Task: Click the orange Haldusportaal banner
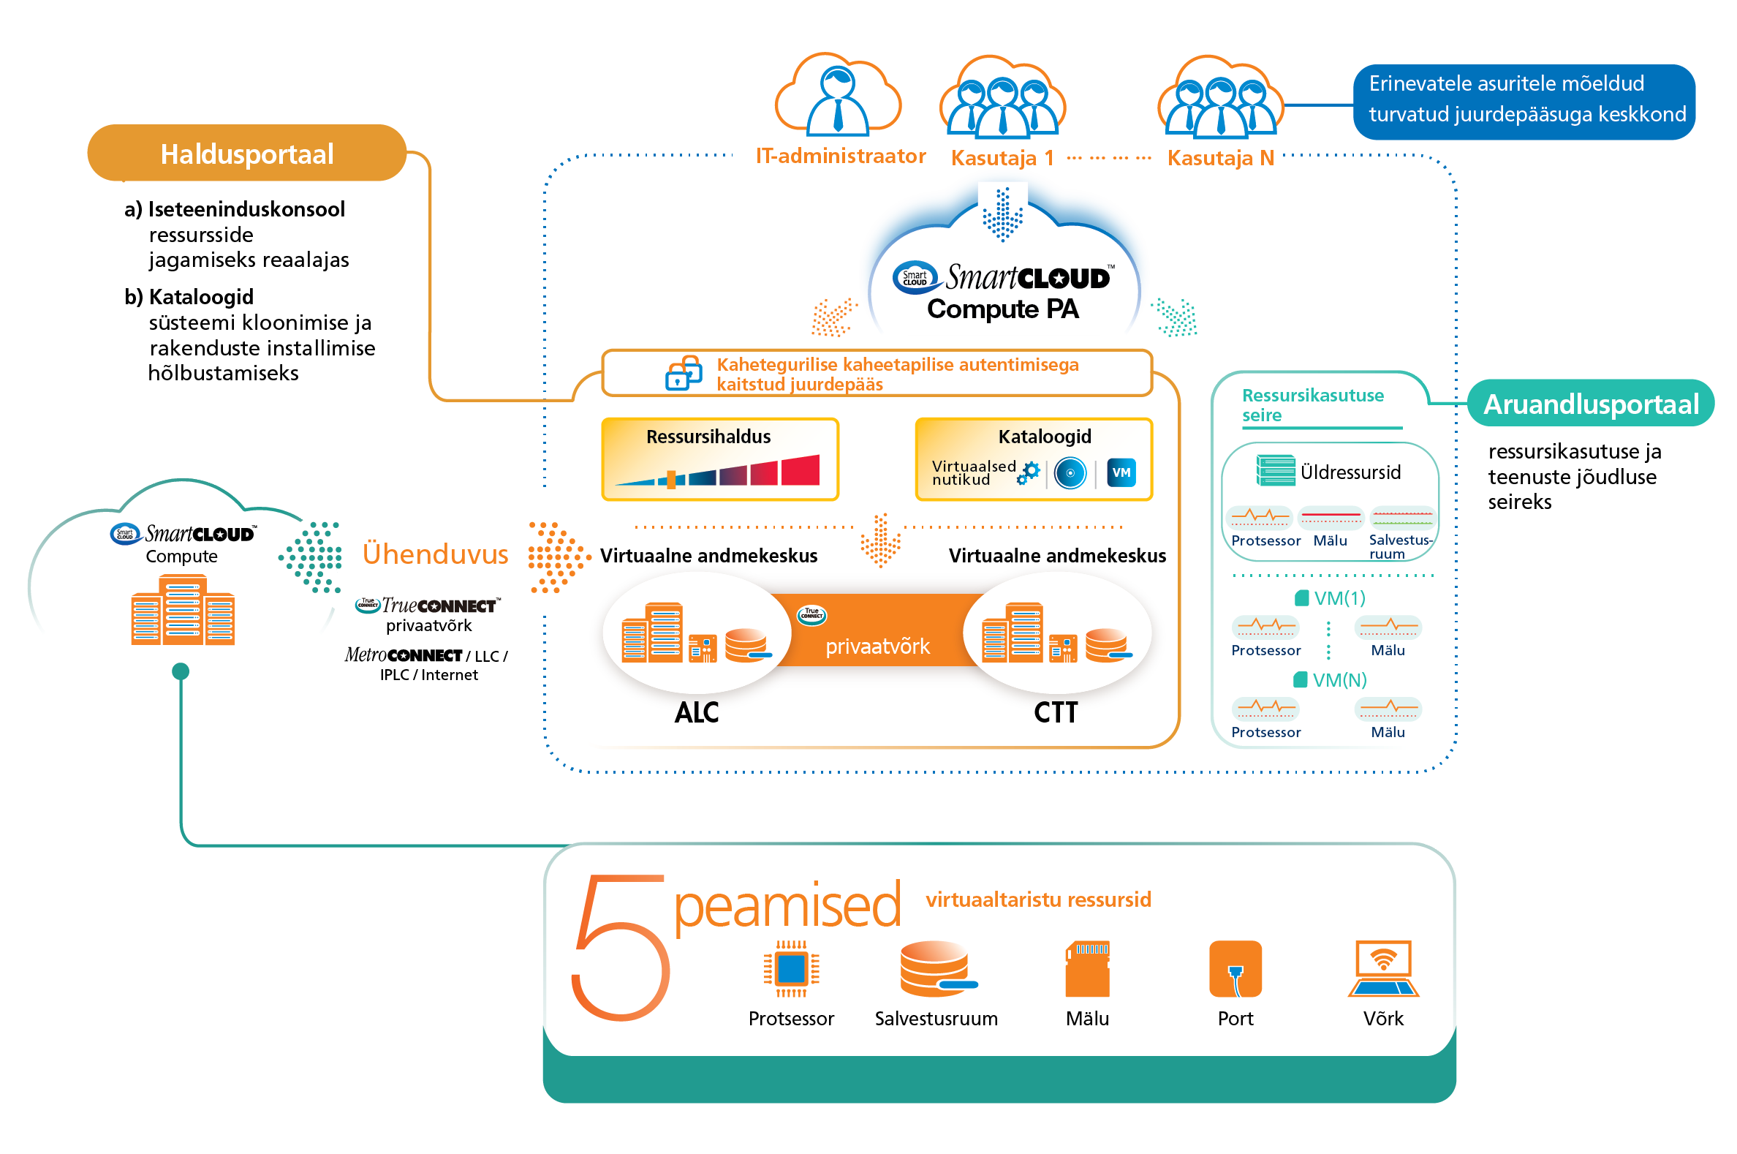pos(246,154)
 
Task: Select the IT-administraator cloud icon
pos(837,97)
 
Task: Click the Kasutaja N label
pos(1220,157)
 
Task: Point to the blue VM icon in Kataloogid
pos(1121,472)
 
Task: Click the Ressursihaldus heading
pos(708,437)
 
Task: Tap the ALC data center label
pos(696,712)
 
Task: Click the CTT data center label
pos(1055,712)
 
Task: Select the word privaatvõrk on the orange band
pos(877,646)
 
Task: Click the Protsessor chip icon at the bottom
pos(791,969)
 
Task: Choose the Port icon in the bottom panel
pos(1235,969)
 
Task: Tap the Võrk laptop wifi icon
pos(1382,969)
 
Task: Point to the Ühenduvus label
pos(435,554)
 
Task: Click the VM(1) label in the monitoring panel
pos(1338,597)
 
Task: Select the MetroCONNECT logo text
pos(403,655)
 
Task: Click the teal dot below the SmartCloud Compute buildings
pos(181,671)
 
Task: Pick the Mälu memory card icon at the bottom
pos(1086,969)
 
